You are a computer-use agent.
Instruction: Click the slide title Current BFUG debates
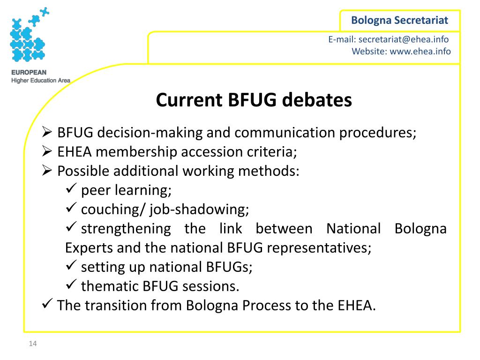click(x=254, y=100)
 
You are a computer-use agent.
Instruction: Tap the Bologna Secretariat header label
click(x=400, y=20)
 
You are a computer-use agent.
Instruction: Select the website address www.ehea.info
click(x=420, y=51)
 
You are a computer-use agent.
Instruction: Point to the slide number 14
click(x=32, y=345)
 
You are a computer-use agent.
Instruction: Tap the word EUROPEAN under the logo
click(x=29, y=73)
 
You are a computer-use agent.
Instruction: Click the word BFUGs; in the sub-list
click(x=229, y=267)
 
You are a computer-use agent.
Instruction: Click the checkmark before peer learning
click(x=71, y=190)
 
